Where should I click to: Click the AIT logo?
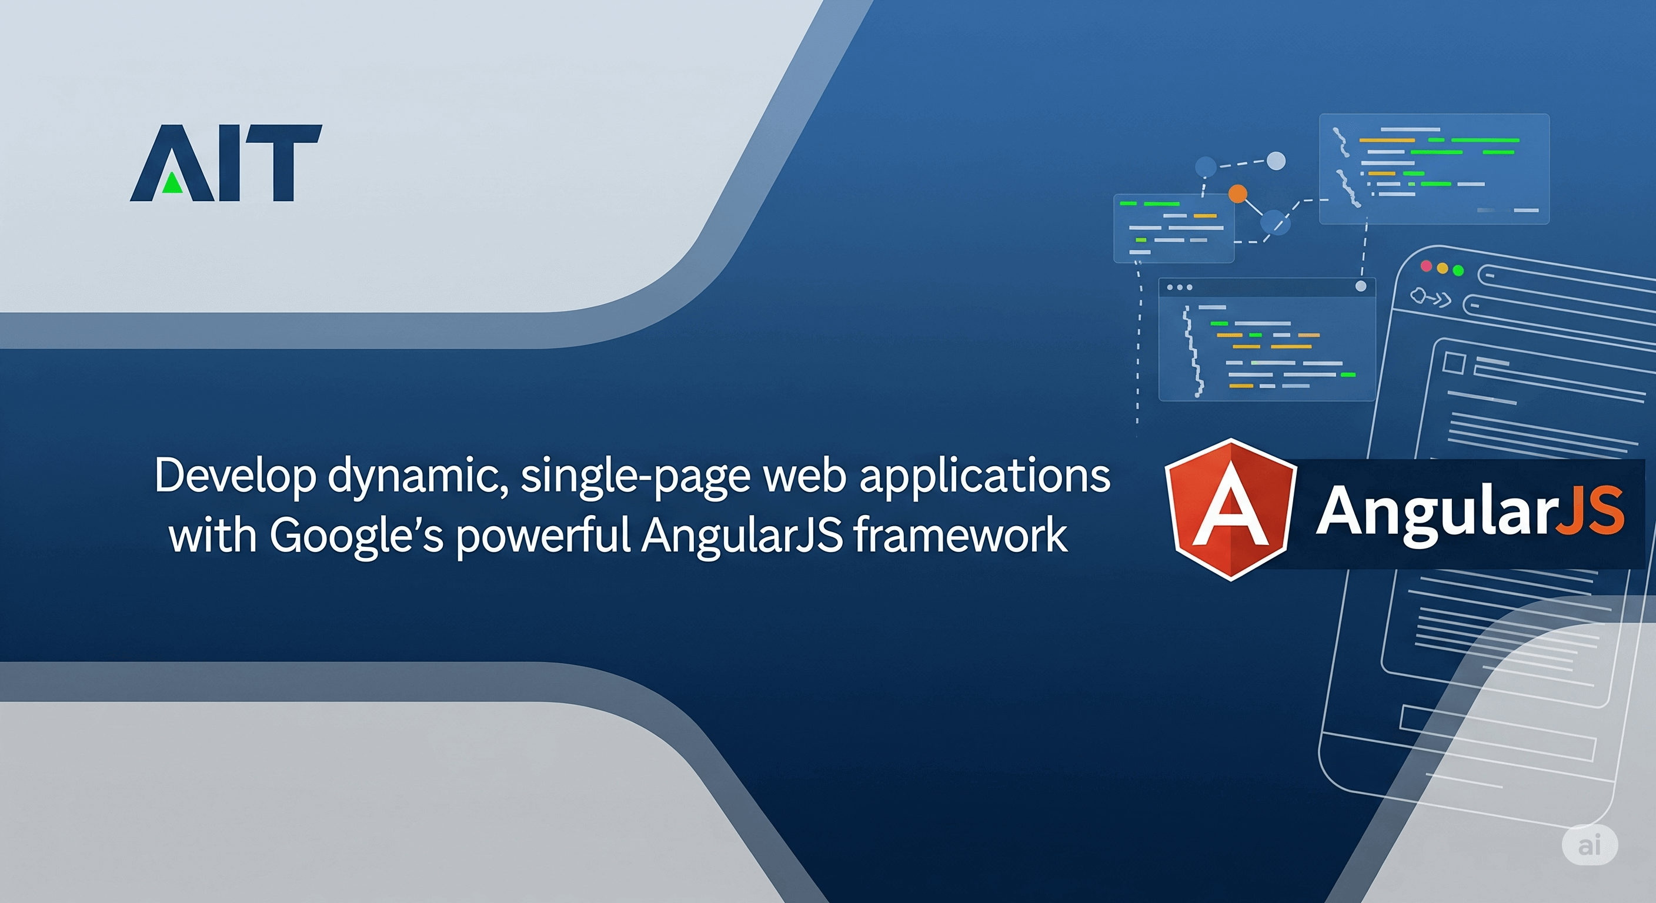(226, 163)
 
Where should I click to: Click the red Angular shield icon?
(1230, 510)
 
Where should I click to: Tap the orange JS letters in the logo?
(1590, 511)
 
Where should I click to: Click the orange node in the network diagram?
(1237, 193)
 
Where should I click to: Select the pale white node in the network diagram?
(1276, 160)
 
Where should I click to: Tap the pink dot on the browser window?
(1426, 266)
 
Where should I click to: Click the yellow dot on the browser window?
(1442, 268)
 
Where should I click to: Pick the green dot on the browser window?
(1458, 270)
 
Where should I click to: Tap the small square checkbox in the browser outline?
(1454, 363)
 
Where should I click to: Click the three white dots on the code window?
(1180, 287)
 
